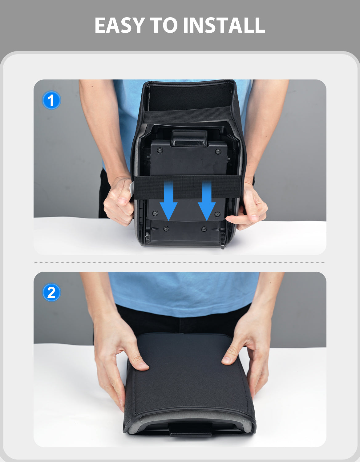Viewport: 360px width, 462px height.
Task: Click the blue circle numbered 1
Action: point(51,100)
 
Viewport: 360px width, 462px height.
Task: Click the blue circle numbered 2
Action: point(51,292)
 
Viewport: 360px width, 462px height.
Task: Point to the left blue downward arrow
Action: point(169,201)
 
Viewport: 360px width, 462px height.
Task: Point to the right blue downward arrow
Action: point(207,201)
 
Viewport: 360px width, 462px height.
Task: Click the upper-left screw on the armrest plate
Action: point(160,151)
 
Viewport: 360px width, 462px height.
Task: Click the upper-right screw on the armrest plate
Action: point(218,151)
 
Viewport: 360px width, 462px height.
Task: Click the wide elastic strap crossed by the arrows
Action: point(187,187)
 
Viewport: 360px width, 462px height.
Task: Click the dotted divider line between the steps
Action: point(180,263)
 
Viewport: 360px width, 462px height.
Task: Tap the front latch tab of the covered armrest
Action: point(191,429)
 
